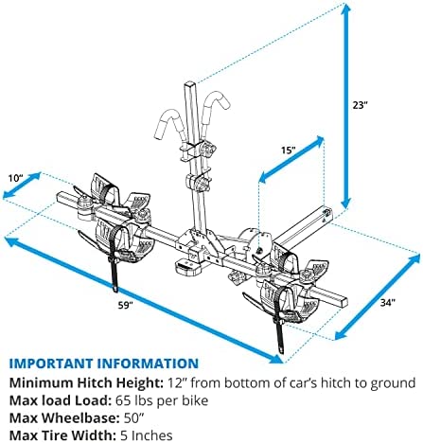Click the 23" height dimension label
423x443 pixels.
(361, 105)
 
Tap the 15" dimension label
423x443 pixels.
(289, 150)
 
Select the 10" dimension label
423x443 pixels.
(16, 178)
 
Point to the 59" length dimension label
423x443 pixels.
(125, 305)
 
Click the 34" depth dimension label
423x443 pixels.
(387, 303)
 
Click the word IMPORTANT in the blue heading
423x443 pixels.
(51, 363)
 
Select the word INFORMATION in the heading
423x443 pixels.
(148, 363)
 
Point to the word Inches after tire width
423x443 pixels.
(151, 435)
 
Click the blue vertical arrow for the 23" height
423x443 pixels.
(346, 106)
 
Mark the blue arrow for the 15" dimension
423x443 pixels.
(291, 160)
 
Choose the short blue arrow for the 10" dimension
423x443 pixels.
(22, 186)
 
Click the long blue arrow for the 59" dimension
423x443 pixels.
(144, 300)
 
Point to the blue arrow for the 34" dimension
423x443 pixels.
(379, 297)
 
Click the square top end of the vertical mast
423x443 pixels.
(190, 84)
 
